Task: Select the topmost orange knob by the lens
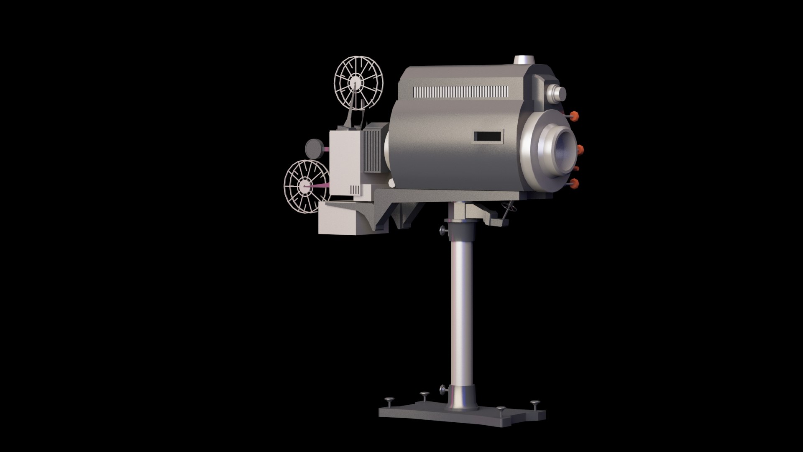[x=575, y=116]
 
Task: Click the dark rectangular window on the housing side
[x=488, y=136]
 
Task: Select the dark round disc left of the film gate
[x=313, y=147]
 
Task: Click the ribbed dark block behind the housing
[x=374, y=149]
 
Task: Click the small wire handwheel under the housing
[x=507, y=208]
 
